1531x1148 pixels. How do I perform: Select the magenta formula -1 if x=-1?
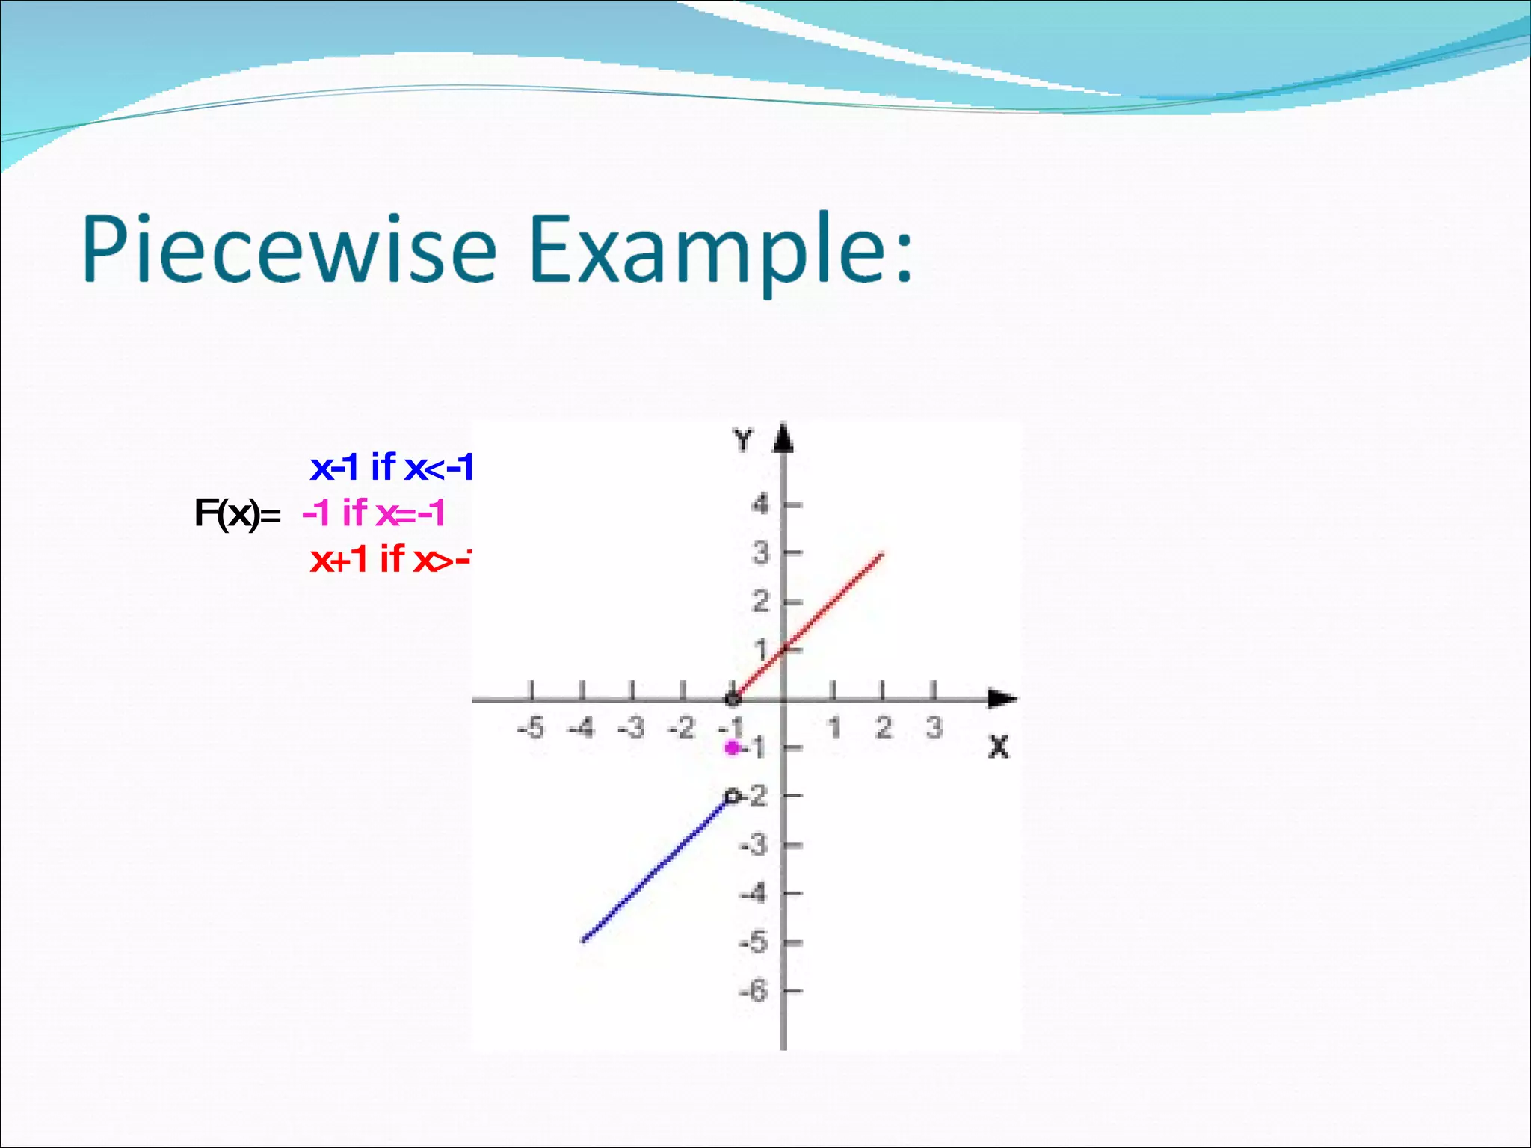click(374, 513)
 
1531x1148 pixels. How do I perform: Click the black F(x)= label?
click(236, 513)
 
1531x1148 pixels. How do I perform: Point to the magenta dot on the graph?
click(733, 747)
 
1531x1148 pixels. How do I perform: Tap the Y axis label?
click(742, 441)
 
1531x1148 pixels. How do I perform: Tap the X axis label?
click(998, 747)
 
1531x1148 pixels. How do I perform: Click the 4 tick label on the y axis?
click(760, 505)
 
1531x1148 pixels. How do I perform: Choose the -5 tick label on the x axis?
click(531, 727)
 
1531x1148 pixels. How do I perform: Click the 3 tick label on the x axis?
click(934, 727)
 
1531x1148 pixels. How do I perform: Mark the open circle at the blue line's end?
click(733, 797)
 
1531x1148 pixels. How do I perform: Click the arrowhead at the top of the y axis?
click(783, 438)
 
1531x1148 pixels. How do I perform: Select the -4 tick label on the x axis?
click(581, 727)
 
